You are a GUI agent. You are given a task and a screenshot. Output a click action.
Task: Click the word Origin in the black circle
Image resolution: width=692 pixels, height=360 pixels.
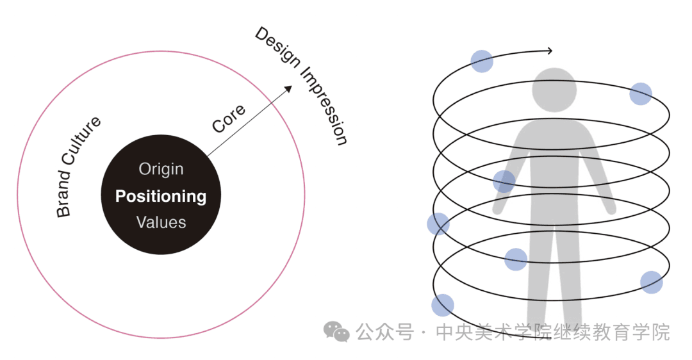click(161, 169)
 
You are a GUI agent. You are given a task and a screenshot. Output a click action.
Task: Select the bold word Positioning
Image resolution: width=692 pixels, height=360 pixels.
click(161, 196)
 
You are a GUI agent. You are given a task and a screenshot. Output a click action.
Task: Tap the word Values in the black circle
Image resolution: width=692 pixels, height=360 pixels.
click(161, 222)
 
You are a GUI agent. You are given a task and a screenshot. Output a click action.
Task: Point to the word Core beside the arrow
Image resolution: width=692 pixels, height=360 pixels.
click(228, 119)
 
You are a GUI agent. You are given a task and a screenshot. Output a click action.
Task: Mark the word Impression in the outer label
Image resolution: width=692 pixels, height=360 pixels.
click(325, 106)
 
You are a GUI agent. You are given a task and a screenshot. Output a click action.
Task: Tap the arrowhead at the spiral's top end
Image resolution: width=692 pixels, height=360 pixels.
click(549, 51)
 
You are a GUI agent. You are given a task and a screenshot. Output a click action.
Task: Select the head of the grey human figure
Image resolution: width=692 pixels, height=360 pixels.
click(554, 90)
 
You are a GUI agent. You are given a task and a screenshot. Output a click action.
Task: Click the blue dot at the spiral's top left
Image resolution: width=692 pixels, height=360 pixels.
click(482, 61)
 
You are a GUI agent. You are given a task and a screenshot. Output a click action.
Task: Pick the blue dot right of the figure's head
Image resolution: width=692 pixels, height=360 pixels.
click(641, 94)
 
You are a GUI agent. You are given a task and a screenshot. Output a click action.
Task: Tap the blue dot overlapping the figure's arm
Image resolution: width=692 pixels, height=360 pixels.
click(504, 181)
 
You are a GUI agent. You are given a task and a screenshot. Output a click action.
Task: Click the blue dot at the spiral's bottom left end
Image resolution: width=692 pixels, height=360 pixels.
click(443, 306)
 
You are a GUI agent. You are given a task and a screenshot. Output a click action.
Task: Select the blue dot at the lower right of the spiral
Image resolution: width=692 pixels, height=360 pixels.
click(652, 282)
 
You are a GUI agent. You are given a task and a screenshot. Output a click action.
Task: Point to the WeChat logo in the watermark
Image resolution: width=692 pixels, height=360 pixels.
click(336, 332)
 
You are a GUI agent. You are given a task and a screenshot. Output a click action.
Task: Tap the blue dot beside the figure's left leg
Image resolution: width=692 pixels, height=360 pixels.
click(516, 259)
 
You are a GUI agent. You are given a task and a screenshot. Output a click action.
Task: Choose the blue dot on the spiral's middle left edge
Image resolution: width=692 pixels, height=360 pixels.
click(438, 224)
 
